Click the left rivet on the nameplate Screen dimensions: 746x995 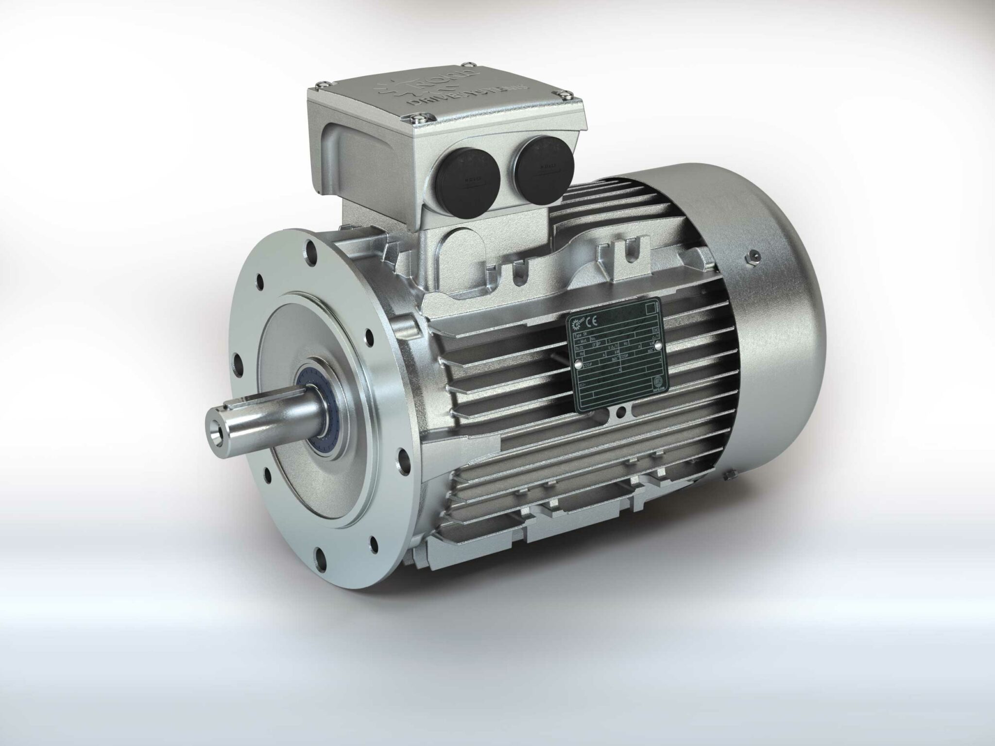[578, 364]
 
